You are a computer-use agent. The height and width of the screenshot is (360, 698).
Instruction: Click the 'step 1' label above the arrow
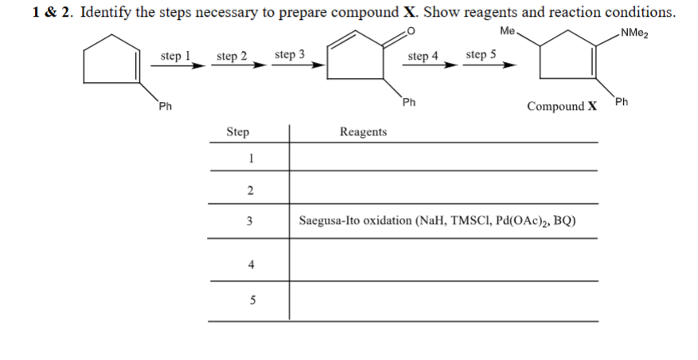click(x=175, y=56)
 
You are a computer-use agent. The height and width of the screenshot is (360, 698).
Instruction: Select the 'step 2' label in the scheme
click(x=232, y=57)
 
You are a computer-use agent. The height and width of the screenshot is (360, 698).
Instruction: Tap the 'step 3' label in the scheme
click(x=289, y=55)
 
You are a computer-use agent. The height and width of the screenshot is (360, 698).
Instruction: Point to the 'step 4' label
click(x=423, y=57)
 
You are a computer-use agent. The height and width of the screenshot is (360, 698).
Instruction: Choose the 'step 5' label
click(x=481, y=55)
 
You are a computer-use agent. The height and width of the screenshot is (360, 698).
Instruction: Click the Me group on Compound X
click(x=509, y=32)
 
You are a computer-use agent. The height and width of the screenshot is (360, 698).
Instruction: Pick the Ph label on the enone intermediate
click(x=408, y=102)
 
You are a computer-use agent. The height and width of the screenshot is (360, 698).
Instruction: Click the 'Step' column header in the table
click(x=238, y=132)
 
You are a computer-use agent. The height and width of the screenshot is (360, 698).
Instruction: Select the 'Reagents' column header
click(x=363, y=132)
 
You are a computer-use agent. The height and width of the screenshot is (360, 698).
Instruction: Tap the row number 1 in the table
click(x=250, y=158)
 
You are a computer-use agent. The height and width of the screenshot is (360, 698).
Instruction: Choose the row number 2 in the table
click(x=250, y=190)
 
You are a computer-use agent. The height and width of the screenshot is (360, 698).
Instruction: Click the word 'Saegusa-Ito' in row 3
click(x=330, y=221)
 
